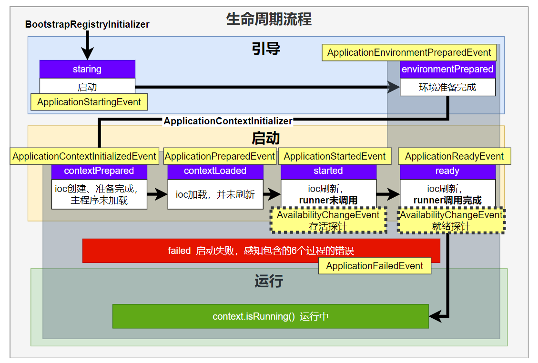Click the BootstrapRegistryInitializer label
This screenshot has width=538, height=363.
pyautogui.click(x=87, y=24)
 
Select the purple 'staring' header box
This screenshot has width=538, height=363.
pyautogui.click(x=88, y=69)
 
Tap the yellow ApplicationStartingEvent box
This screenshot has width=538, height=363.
pyautogui.click(x=89, y=102)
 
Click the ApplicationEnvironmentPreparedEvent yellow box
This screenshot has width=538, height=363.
pyautogui.click(x=409, y=52)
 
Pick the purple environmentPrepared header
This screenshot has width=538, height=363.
pyautogui.click(x=447, y=70)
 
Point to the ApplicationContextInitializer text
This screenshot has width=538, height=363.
pyautogui.click(x=228, y=121)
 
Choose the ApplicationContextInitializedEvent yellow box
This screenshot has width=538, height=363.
pyautogui.click(x=84, y=156)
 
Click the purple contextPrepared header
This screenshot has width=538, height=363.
pyautogui.click(x=99, y=171)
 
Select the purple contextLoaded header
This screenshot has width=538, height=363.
pyautogui.click(x=215, y=171)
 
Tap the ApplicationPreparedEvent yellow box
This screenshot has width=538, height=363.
pyautogui.click(x=220, y=156)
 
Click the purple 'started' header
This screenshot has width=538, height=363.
pyautogui.click(x=328, y=171)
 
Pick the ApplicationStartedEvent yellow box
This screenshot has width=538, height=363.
pyautogui.click(x=335, y=156)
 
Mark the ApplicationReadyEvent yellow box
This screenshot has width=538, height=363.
pyautogui.click(x=454, y=156)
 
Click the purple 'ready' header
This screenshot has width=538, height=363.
pyautogui.click(x=447, y=171)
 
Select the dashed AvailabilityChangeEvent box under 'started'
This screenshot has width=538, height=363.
pyautogui.click(x=328, y=220)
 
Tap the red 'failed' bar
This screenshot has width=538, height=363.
pyautogui.click(x=261, y=251)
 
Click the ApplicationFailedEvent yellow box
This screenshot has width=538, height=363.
pyautogui.click(x=375, y=266)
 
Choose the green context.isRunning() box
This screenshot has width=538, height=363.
pyautogui.click(x=270, y=316)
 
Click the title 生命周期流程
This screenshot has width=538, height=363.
pyautogui.click(x=269, y=19)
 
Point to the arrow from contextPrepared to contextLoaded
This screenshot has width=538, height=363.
pyautogui.click(x=157, y=194)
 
